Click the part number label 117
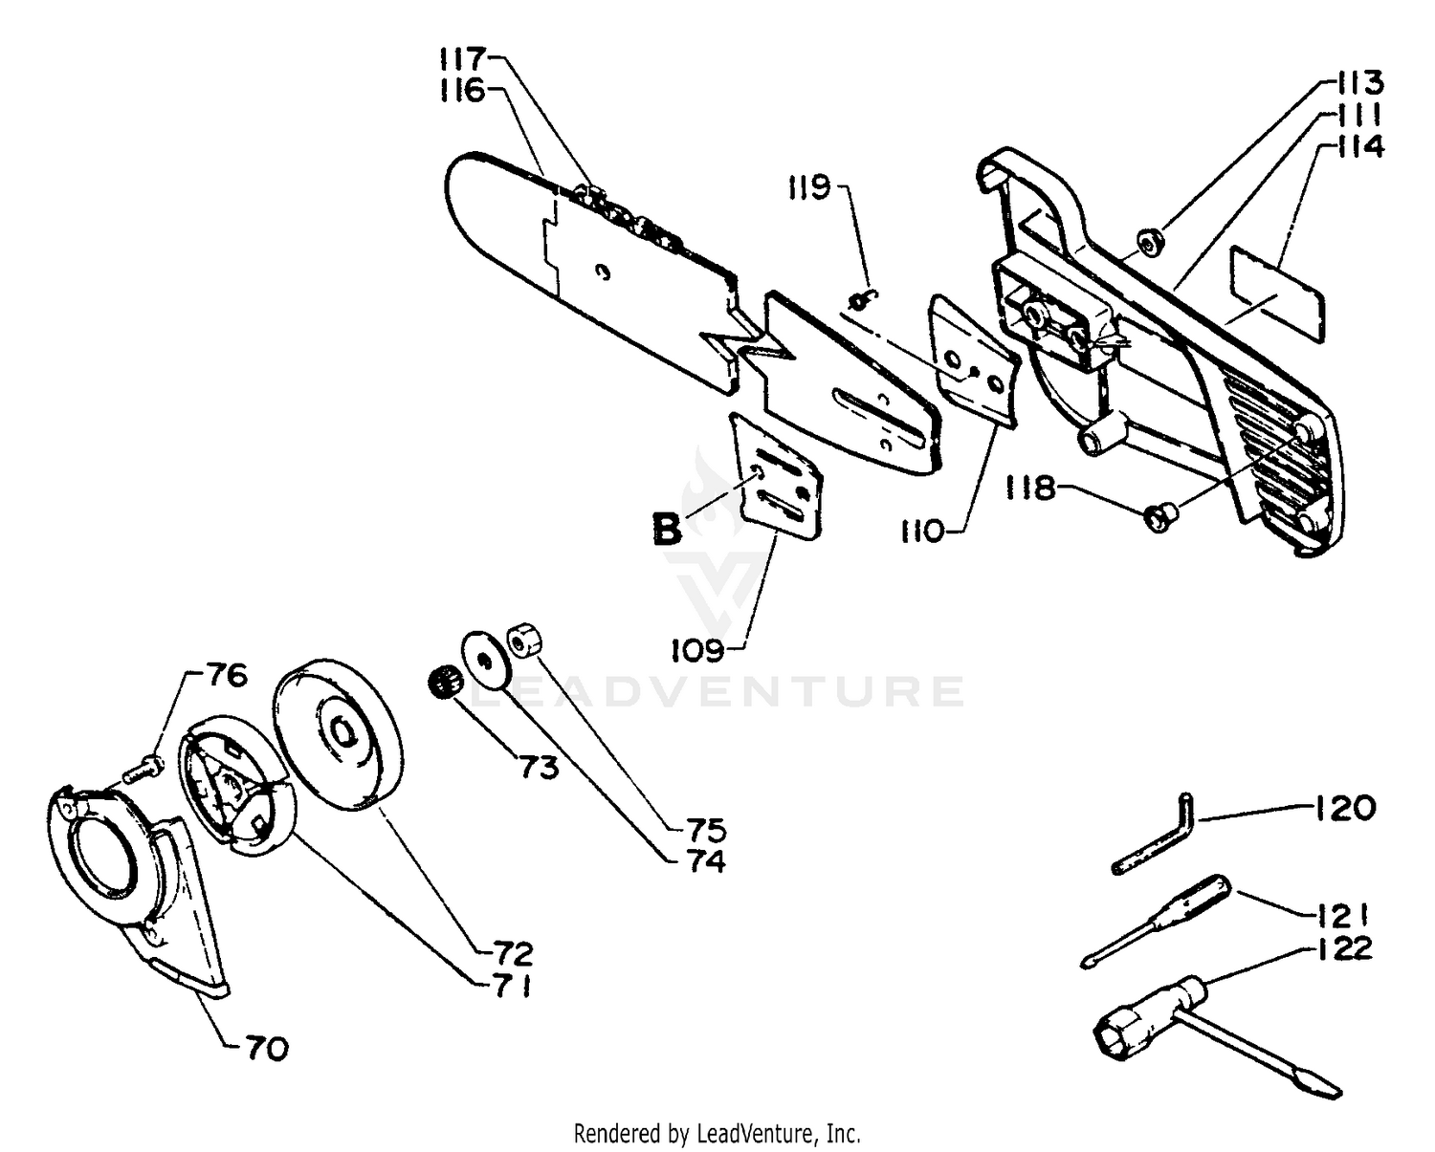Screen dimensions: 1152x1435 coord(464,59)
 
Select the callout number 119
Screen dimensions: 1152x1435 coord(808,187)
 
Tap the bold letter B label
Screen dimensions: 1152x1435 coord(667,528)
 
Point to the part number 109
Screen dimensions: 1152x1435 coord(696,651)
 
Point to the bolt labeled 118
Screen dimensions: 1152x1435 coord(1160,517)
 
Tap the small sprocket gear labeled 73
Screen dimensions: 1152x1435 coord(443,684)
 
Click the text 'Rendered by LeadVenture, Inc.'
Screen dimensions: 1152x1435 coord(717,1134)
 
